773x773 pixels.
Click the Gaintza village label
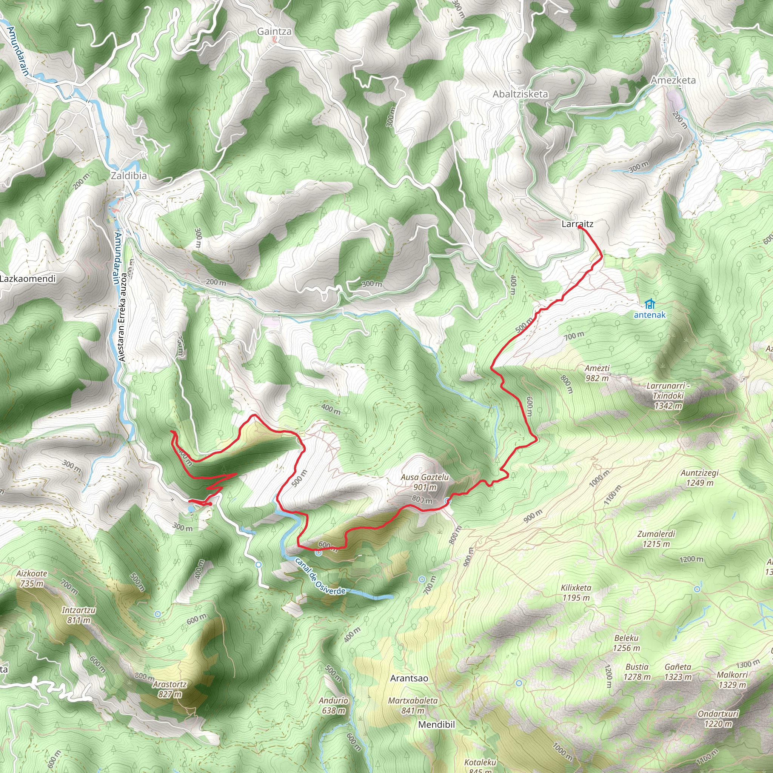[x=274, y=31]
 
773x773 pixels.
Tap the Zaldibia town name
[x=128, y=176]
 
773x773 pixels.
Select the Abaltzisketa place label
[x=520, y=94]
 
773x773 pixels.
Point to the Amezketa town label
[x=673, y=80]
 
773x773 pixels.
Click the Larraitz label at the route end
[x=577, y=224]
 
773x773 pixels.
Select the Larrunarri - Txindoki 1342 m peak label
[x=668, y=396]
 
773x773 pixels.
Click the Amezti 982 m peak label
[x=597, y=373]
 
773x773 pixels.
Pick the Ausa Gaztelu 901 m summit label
[x=425, y=482]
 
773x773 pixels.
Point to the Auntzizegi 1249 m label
[x=699, y=478]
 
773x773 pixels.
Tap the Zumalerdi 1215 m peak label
[x=656, y=539]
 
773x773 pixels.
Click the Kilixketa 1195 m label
[x=576, y=593]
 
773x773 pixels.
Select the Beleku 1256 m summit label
[x=627, y=643]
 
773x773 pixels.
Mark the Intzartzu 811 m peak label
[x=79, y=615]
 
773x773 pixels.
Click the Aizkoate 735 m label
[x=32, y=578]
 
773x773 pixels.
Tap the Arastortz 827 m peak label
[x=169, y=689]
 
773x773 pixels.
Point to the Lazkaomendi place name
[x=28, y=279]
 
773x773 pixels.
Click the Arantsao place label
[x=409, y=678]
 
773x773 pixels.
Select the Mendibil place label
[x=437, y=725]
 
